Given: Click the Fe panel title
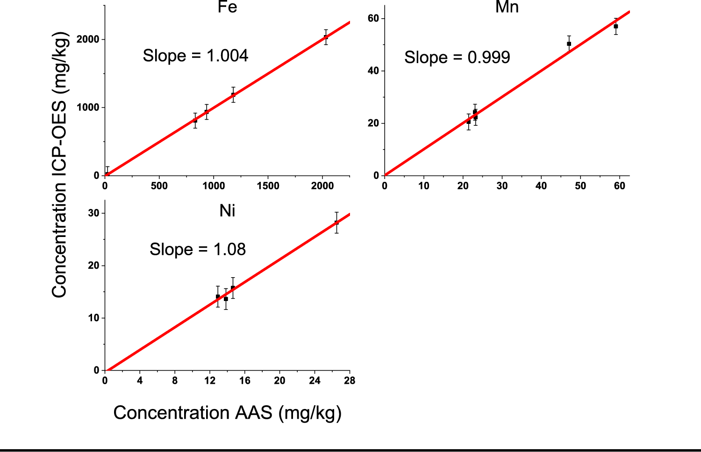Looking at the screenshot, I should [227, 7].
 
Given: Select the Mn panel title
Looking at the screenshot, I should [507, 7].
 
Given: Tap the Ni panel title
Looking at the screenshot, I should [227, 211].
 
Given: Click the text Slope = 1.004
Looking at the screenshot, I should [195, 56].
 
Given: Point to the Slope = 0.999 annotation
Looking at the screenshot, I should [457, 57].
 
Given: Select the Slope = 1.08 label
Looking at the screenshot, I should [198, 249].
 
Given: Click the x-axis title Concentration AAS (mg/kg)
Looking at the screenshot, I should [228, 413].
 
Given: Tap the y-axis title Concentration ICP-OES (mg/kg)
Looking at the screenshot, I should [60, 165].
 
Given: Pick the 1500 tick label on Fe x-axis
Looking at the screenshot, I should [268, 186].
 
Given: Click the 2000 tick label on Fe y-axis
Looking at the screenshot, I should [88, 40].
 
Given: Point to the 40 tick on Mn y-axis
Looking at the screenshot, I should [373, 71].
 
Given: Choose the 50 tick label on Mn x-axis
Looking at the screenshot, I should [580, 186].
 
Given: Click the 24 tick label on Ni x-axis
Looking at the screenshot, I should [315, 380].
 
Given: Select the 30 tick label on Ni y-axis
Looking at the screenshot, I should [94, 213].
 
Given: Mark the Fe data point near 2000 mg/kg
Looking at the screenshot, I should [326, 37].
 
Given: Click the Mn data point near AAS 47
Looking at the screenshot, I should [569, 44].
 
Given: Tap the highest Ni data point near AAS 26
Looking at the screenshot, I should [336, 222].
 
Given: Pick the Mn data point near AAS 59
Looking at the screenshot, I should [616, 27].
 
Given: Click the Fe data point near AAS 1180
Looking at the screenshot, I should [233, 95].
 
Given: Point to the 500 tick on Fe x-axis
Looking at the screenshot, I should [159, 186].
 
